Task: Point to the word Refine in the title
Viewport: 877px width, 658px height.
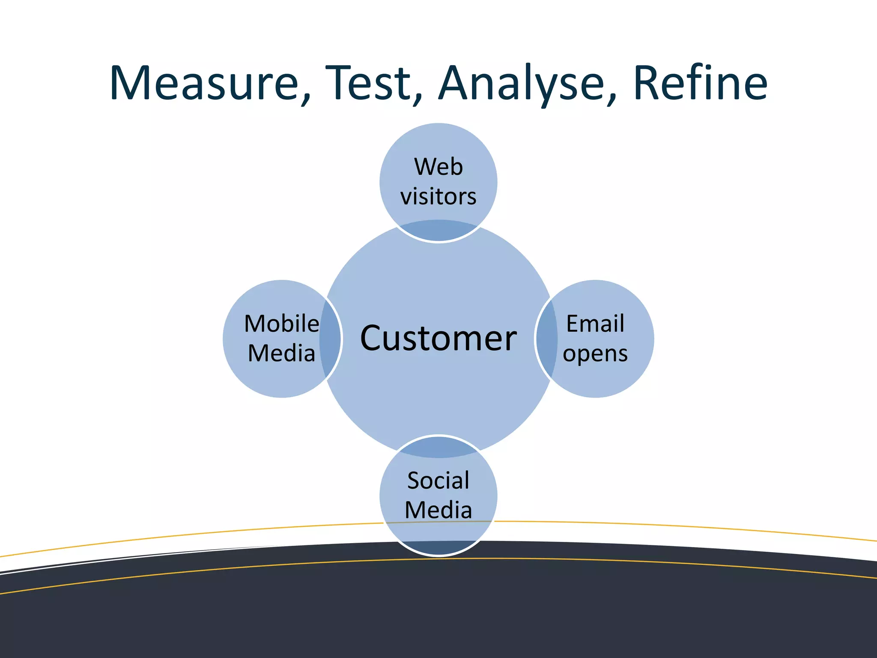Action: click(700, 84)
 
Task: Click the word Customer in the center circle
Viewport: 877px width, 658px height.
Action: click(438, 338)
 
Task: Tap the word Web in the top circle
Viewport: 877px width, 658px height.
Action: click(438, 167)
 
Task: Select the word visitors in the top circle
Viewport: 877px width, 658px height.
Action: click(438, 197)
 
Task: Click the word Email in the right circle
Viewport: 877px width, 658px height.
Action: click(595, 324)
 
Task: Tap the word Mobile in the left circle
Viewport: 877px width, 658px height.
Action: click(281, 324)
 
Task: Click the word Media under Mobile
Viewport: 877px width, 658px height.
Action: click(281, 354)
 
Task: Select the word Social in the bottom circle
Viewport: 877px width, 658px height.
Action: click(438, 481)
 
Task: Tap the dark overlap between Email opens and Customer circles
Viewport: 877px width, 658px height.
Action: click(546, 338)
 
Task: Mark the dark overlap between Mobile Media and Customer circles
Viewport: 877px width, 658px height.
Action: click(330, 338)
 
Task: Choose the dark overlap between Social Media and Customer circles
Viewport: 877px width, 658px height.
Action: click(438, 448)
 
